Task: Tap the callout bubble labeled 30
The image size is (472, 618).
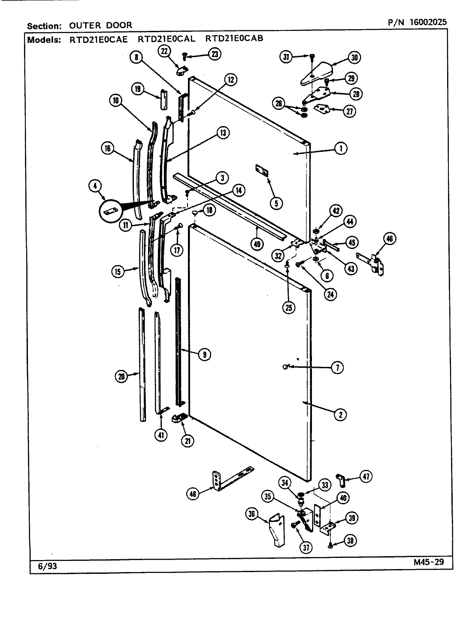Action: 354,58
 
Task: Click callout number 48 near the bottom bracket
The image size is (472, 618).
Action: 194,494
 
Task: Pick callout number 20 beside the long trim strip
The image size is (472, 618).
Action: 122,376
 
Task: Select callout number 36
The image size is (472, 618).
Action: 252,513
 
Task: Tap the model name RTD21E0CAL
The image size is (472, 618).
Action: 166,39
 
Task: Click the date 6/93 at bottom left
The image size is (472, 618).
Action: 47,566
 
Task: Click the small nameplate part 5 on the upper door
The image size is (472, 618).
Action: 262,170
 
